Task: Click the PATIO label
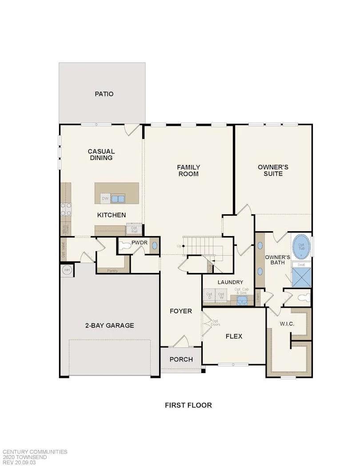[104, 94]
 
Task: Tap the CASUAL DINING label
[101, 155]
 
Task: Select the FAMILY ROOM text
[188, 170]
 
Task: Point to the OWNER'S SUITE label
[273, 170]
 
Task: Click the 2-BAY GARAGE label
[109, 325]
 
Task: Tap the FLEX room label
[234, 336]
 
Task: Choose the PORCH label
[181, 359]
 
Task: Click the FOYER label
[181, 311]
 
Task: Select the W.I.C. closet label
[287, 324]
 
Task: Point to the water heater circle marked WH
[67, 270]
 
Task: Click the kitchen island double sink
[118, 198]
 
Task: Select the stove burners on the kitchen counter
[65, 209]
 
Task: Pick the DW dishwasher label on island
[105, 198]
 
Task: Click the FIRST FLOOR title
[188, 405]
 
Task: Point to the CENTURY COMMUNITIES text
[35, 452]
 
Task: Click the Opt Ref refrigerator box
[134, 230]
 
